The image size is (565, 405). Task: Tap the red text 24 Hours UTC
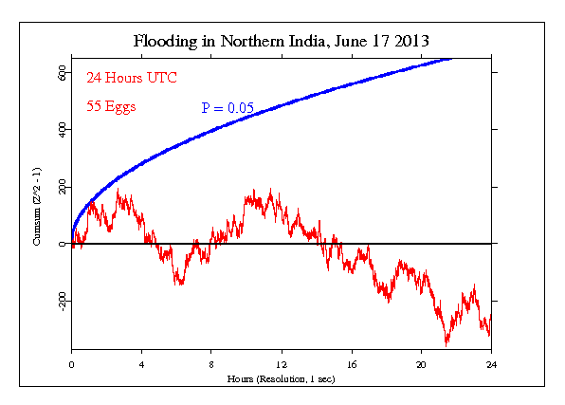(x=131, y=77)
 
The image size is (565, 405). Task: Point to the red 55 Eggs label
(x=111, y=106)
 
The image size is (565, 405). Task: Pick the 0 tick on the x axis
(x=72, y=364)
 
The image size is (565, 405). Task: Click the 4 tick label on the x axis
(x=142, y=364)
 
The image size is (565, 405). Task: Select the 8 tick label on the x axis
(x=212, y=364)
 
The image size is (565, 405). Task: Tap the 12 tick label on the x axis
(x=282, y=364)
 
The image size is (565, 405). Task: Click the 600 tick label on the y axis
(x=60, y=71)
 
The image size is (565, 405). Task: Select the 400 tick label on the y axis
(x=60, y=129)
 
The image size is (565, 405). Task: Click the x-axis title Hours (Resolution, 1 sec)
(x=282, y=378)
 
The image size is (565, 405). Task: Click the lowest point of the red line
(x=446, y=344)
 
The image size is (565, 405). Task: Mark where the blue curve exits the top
(x=449, y=59)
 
